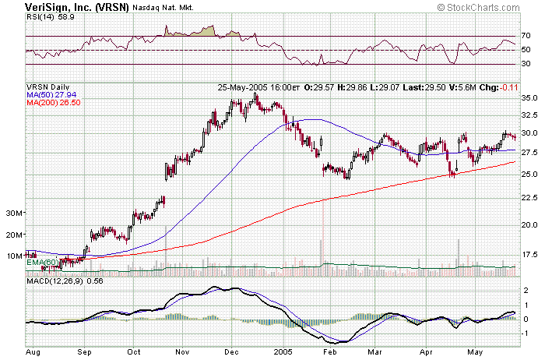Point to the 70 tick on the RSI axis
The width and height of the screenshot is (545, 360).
[526, 37]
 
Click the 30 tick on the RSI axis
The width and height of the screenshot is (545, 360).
[526, 64]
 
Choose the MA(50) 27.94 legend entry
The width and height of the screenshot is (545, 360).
[50, 95]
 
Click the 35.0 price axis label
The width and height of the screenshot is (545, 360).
[530, 99]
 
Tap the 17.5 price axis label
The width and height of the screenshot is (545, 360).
[530, 254]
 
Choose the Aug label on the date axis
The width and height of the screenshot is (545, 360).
[33, 352]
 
